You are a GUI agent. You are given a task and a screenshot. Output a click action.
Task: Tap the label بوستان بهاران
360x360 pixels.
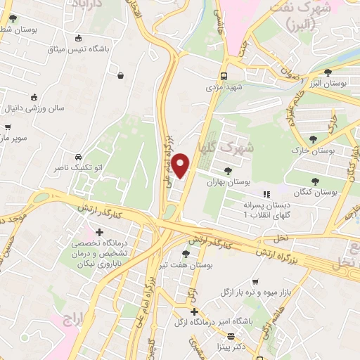click(x=229, y=181)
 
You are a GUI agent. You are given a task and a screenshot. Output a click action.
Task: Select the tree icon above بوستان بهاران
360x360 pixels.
click(x=228, y=170)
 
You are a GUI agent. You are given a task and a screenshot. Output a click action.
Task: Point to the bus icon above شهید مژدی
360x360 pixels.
click(x=224, y=76)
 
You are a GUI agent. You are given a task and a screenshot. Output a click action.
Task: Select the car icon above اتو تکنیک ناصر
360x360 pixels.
click(x=77, y=157)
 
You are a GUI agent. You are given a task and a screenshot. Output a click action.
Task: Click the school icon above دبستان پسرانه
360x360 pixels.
click(x=266, y=194)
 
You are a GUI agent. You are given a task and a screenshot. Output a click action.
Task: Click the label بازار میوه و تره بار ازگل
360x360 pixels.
click(x=257, y=290)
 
